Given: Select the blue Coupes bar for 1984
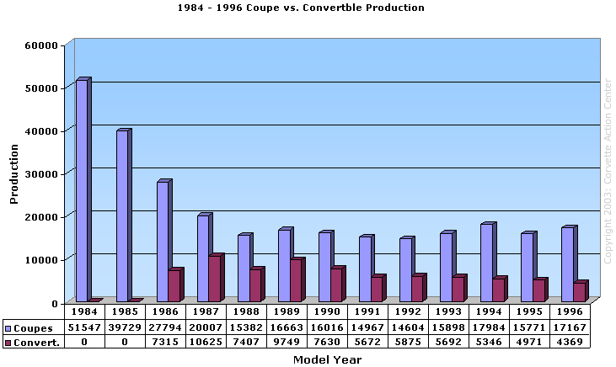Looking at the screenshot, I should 82,190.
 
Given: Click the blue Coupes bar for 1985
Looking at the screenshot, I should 122,215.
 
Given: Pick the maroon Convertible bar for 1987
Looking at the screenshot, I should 215,279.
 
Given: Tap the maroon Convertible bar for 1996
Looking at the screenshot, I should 579,292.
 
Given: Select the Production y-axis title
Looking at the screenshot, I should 14,174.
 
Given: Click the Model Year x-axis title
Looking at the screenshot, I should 327,359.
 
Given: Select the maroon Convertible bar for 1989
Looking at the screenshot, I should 296,280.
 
